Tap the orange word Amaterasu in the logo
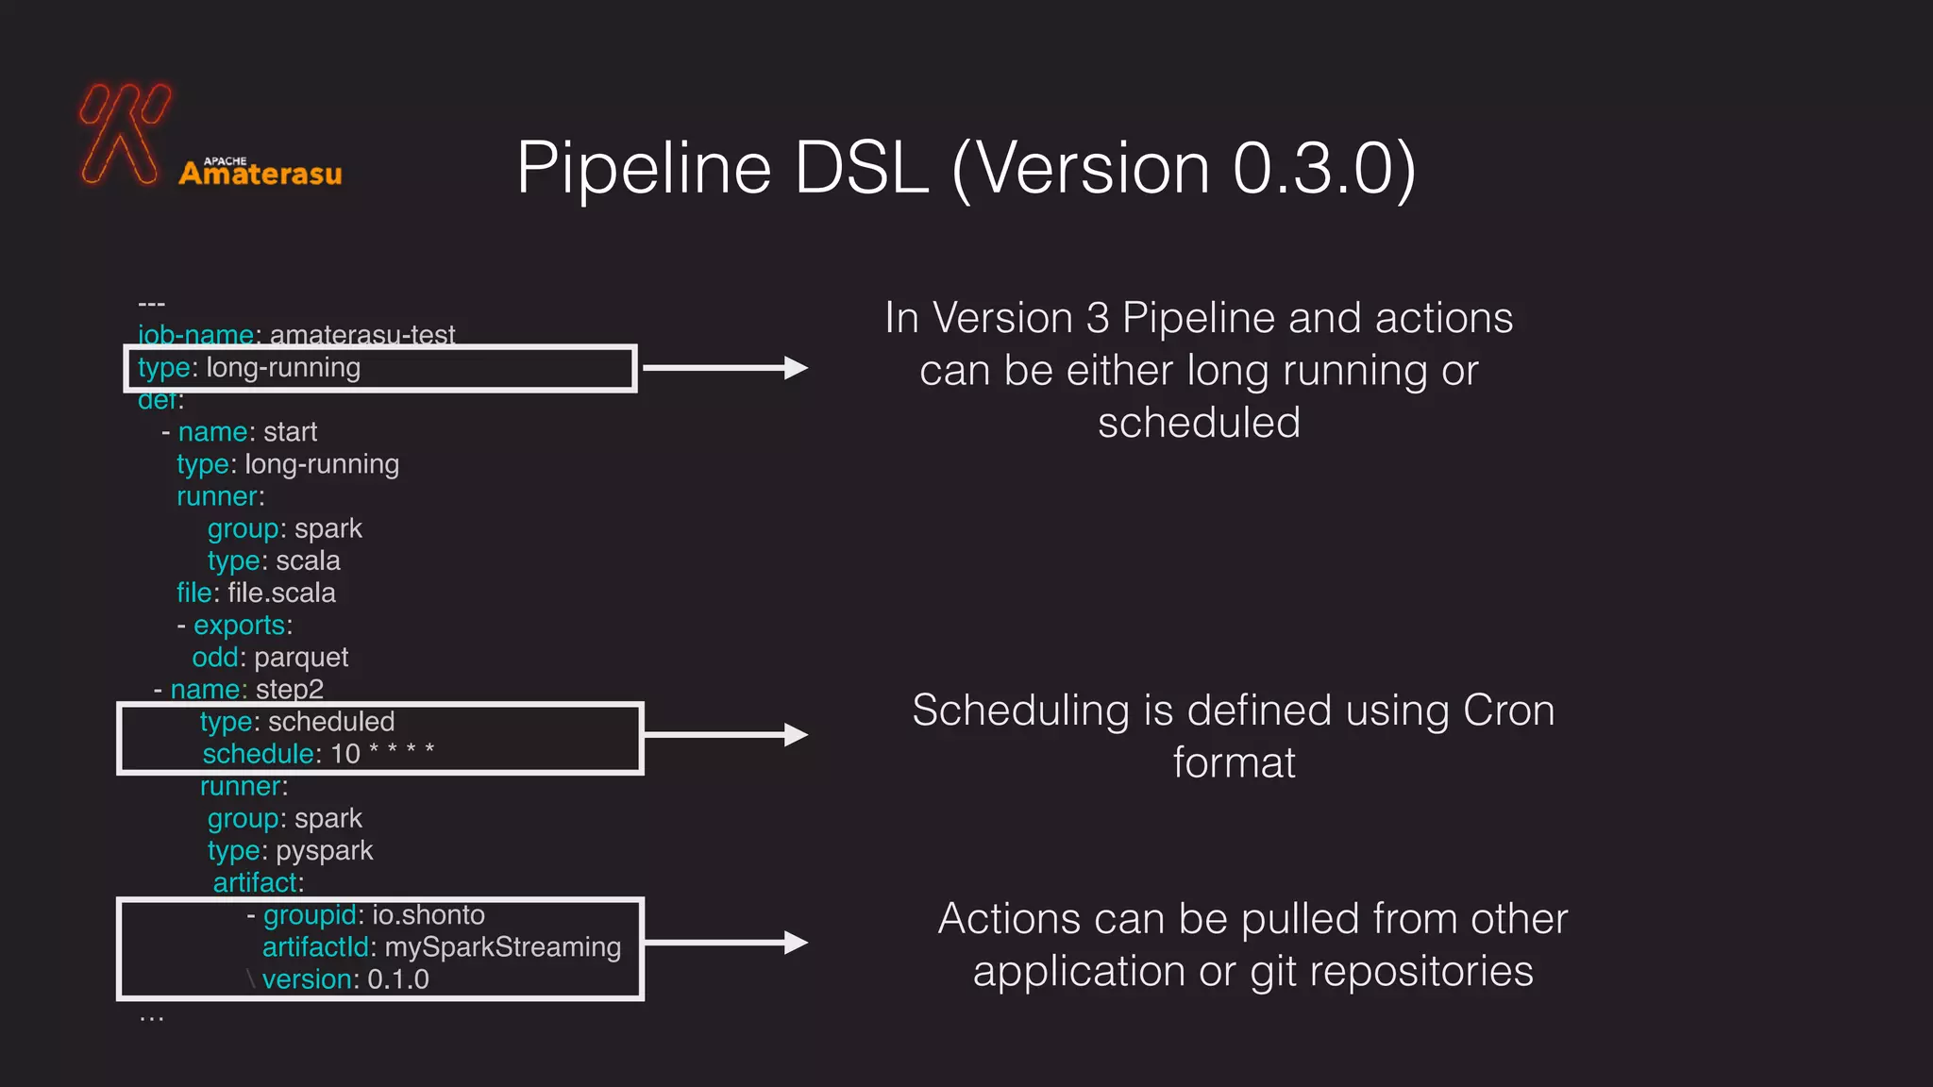pyautogui.click(x=261, y=174)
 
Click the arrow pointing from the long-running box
pyautogui.click(x=725, y=368)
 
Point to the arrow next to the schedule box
pyautogui.click(x=725, y=735)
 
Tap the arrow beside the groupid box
pyautogui.click(x=725, y=943)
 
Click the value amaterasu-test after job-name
pyautogui.click(x=362, y=335)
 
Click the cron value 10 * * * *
pyautogui.click(x=382, y=753)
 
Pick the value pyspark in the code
pyautogui.click(x=324, y=851)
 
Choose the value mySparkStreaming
pyautogui.click(x=502, y=947)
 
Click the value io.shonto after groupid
pyautogui.click(x=428, y=915)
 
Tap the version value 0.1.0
pyautogui.click(x=397, y=979)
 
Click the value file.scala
pyautogui.click(x=281, y=593)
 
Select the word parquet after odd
pyautogui.click(x=301, y=658)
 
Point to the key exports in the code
pyautogui.click(x=239, y=626)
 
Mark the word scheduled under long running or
pyautogui.click(x=1199, y=423)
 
